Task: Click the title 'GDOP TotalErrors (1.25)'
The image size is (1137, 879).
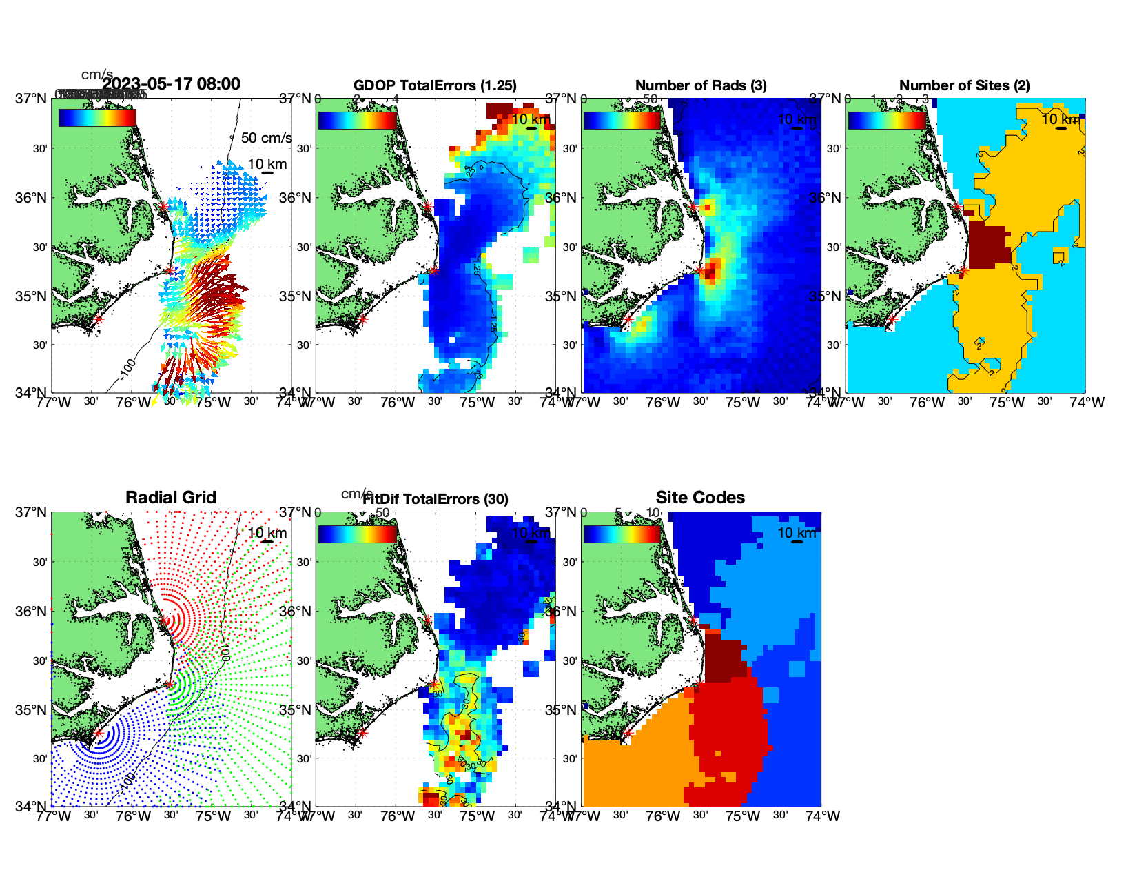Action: [x=435, y=85]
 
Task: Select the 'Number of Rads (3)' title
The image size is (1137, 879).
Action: [x=701, y=85]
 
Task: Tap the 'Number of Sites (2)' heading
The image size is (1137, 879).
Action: [x=965, y=85]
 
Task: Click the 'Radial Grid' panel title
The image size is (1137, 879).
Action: [x=171, y=498]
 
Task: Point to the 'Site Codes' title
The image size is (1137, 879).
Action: [x=700, y=498]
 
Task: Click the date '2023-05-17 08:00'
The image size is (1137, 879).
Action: [x=171, y=84]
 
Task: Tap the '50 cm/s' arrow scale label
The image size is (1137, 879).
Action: [x=266, y=138]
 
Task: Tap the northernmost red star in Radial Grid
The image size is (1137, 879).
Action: [x=163, y=621]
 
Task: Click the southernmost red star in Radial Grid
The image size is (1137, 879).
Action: [x=99, y=734]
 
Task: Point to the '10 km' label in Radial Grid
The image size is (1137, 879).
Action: [x=267, y=533]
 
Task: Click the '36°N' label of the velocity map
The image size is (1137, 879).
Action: [x=32, y=198]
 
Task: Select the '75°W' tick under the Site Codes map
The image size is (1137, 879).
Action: [x=743, y=816]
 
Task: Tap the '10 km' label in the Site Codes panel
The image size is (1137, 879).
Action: [x=797, y=533]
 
